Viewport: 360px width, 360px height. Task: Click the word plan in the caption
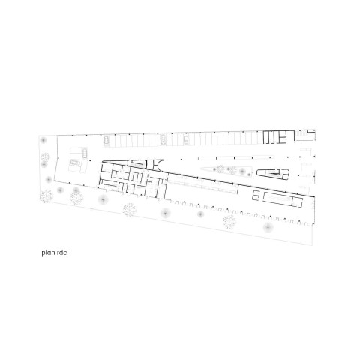(48, 253)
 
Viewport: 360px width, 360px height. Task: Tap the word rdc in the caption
(61, 253)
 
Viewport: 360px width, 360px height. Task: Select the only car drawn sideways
(74, 163)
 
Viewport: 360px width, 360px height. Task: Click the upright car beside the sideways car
(85, 153)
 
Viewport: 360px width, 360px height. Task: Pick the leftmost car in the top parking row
(106, 141)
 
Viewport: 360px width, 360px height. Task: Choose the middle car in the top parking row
(163, 139)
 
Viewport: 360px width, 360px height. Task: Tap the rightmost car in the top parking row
(186, 140)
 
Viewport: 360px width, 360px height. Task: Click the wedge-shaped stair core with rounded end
(273, 174)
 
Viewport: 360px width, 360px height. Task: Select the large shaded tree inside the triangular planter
(241, 172)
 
